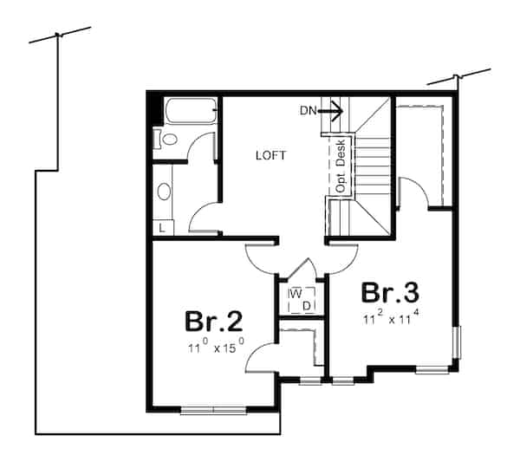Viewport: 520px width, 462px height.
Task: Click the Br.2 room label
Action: [x=212, y=322]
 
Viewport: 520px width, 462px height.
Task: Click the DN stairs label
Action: [x=309, y=110]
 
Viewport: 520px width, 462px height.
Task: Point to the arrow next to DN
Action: [x=333, y=110]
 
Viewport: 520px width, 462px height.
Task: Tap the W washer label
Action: [x=295, y=293]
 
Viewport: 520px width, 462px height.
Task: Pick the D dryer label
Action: [x=306, y=304]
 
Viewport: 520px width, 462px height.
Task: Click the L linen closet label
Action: [x=162, y=228]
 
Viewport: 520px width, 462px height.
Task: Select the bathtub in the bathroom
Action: [x=189, y=113]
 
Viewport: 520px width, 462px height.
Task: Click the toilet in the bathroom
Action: [x=167, y=139]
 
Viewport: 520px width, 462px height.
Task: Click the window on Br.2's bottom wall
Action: [x=213, y=409]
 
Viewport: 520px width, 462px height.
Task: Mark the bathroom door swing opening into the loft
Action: [x=205, y=217]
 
